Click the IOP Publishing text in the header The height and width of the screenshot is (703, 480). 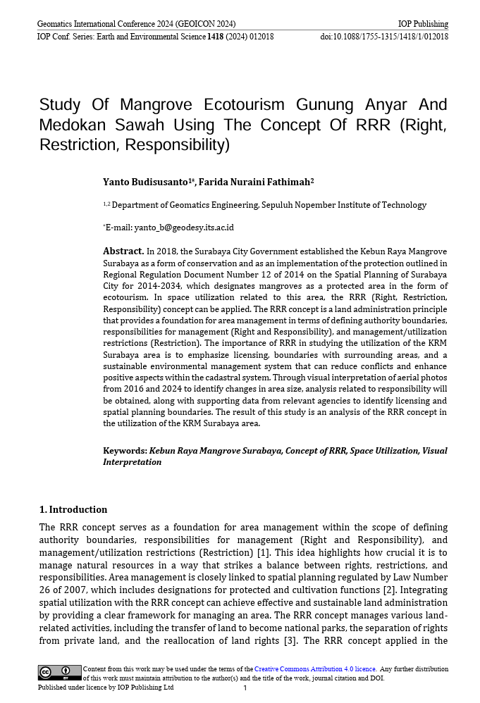click(x=423, y=24)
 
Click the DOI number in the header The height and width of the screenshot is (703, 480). click(x=384, y=37)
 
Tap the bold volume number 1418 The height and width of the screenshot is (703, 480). click(x=215, y=37)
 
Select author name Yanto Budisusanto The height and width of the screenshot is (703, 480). click(x=145, y=182)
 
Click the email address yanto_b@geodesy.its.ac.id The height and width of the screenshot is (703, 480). click(x=184, y=228)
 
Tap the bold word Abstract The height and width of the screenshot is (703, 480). click(x=123, y=251)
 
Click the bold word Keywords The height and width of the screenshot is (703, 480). click(x=125, y=451)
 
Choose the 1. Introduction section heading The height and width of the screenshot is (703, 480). click(x=73, y=509)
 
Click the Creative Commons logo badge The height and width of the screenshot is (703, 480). click(x=60, y=673)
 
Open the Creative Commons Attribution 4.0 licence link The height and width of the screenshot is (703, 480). click(x=315, y=668)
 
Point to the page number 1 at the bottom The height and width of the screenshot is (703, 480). click(x=245, y=688)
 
